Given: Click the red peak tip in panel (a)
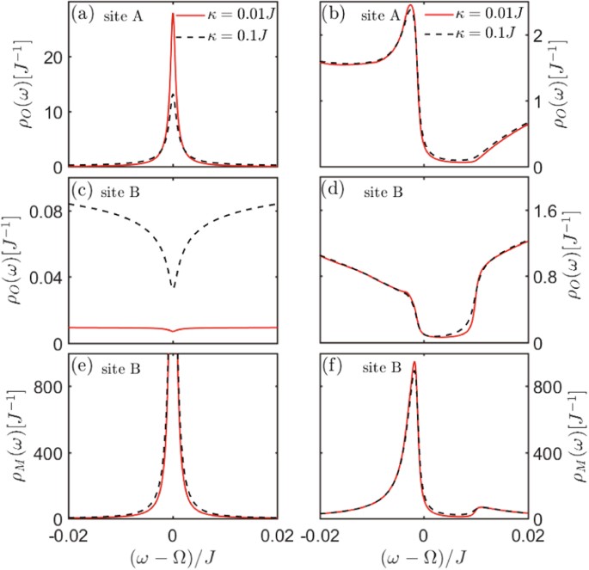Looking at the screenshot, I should tap(173, 14).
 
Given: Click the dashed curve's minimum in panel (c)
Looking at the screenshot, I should tap(173, 287).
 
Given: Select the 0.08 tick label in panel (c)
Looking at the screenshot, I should tap(43, 211).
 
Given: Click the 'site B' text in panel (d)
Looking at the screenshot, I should tap(379, 190).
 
